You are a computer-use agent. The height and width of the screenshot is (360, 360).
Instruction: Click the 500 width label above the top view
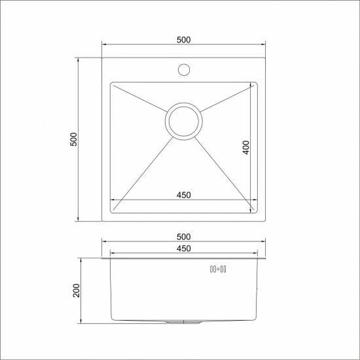click(183, 40)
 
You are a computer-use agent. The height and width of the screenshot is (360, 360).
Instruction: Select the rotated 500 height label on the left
click(74, 139)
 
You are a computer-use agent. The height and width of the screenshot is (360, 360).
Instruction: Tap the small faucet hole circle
click(183, 69)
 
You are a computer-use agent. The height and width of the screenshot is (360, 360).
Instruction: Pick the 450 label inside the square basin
click(183, 195)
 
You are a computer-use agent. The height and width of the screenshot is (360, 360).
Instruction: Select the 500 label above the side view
click(183, 236)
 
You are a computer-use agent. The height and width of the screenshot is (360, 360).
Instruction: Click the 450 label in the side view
click(183, 249)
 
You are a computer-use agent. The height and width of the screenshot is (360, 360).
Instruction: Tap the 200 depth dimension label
click(75, 290)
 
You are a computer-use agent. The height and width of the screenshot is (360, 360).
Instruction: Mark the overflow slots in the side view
click(217, 268)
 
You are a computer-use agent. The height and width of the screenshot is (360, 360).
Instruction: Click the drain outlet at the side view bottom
click(183, 323)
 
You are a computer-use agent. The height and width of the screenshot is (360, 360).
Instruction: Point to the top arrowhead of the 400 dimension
click(253, 85)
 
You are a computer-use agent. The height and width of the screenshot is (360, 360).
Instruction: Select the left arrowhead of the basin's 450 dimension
click(113, 200)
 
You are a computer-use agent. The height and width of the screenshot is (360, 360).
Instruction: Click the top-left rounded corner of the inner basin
click(113, 85)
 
